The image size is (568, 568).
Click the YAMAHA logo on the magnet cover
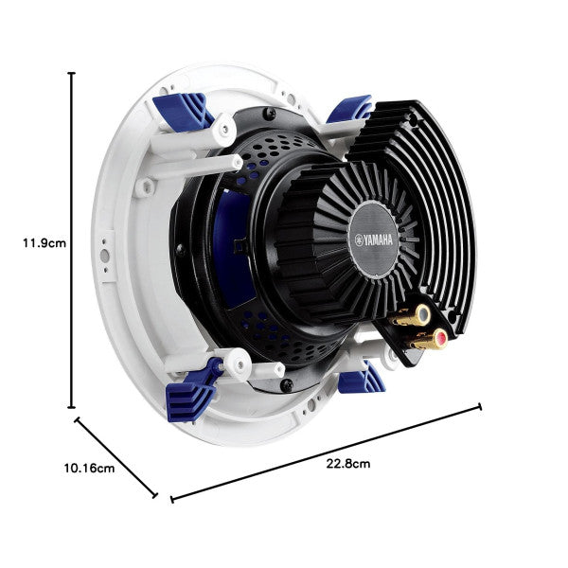[383, 240]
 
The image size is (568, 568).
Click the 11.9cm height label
[44, 242]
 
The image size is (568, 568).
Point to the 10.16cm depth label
[89, 468]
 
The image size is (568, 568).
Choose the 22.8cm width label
[347, 464]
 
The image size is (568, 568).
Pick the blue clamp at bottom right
[361, 381]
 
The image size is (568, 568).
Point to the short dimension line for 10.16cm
[115, 455]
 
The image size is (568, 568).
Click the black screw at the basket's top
[271, 114]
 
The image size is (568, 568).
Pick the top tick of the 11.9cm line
[73, 73]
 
